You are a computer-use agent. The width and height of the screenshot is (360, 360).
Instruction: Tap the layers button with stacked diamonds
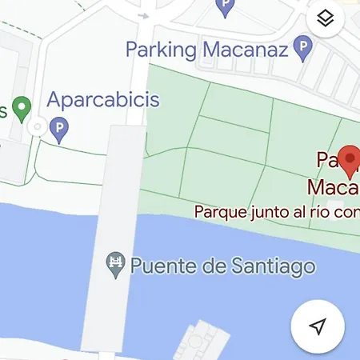click(325, 19)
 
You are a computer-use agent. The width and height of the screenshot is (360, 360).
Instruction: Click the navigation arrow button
click(318, 326)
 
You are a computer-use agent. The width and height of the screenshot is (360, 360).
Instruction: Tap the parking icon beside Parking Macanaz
click(302, 50)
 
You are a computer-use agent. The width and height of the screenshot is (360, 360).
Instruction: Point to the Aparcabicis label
click(103, 101)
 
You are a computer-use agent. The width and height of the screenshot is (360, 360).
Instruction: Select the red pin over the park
click(349, 159)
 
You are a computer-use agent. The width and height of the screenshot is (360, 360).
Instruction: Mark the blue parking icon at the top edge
click(226, 8)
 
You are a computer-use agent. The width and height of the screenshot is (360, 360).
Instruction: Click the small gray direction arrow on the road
click(144, 14)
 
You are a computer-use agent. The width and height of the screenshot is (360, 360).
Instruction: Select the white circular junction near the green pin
click(36, 127)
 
